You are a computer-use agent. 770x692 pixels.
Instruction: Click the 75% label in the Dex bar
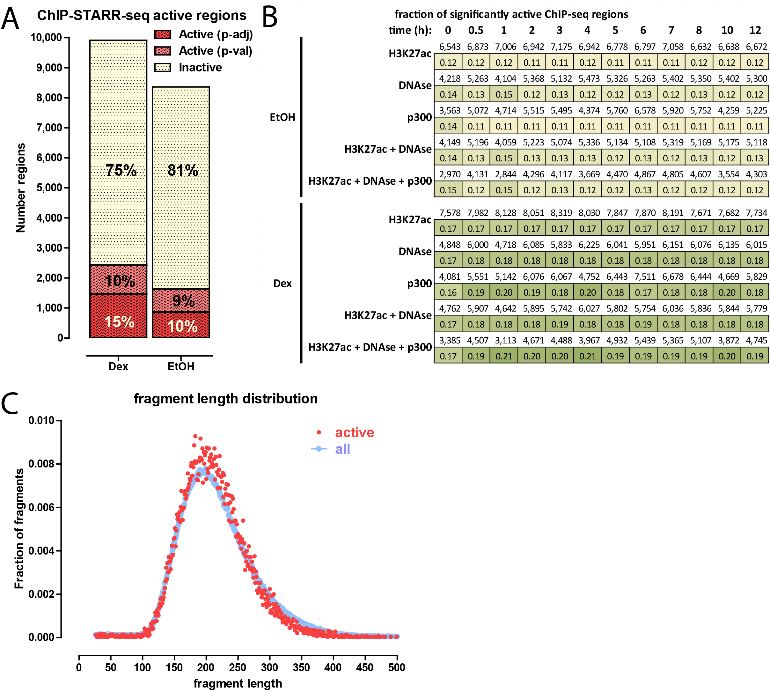coord(121,170)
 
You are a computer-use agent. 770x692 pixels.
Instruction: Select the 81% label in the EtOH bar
coord(183,170)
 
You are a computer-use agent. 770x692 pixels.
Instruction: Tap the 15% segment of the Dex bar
coord(119,322)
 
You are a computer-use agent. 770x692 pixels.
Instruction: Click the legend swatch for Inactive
coord(162,68)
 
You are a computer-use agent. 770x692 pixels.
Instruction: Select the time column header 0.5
coord(476,30)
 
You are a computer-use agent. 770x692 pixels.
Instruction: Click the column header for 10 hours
coord(727,30)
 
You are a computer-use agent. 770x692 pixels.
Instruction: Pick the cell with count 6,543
coord(449,47)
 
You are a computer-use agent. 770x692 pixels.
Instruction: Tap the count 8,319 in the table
coord(561,213)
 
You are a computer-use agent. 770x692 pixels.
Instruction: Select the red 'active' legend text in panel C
coord(354,433)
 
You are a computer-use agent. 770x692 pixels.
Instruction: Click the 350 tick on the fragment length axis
coord(301,667)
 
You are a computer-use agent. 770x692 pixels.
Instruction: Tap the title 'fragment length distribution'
coord(225,399)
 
